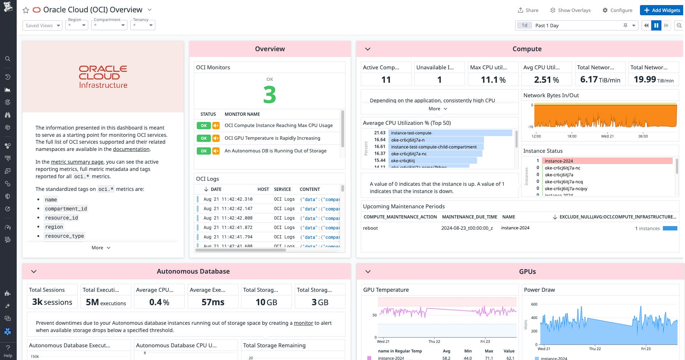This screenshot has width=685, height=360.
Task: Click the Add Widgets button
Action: pyautogui.click(x=662, y=10)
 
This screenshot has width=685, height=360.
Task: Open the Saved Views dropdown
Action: pyautogui.click(x=42, y=25)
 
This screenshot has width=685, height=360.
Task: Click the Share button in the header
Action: pyautogui.click(x=528, y=10)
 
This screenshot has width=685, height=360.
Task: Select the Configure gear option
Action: pyautogui.click(x=617, y=10)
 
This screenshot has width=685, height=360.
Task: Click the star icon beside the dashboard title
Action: pyautogui.click(x=26, y=10)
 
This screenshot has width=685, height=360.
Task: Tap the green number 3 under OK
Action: pyautogui.click(x=269, y=95)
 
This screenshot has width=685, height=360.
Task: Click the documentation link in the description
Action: pyautogui.click(x=131, y=149)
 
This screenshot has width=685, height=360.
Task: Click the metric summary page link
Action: pyautogui.click(x=77, y=162)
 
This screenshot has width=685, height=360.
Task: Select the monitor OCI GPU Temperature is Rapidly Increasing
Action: pyautogui.click(x=272, y=138)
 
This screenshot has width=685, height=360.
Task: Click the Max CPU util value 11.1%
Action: pyautogui.click(x=493, y=79)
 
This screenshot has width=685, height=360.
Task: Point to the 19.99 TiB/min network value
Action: pyautogui.click(x=653, y=79)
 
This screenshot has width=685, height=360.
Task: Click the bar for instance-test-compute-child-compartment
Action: pyautogui.click(x=436, y=147)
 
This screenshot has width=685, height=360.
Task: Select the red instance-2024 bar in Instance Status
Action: pyautogui.click(x=607, y=161)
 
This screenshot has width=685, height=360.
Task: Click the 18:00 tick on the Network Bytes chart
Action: pyautogui.click(x=572, y=136)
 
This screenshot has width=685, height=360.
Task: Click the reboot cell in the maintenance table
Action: pyautogui.click(x=370, y=228)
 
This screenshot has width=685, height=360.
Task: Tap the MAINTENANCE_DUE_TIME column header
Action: pyautogui.click(x=469, y=217)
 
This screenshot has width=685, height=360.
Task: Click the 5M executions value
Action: pyautogui.click(x=106, y=302)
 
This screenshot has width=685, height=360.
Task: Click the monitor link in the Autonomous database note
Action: pyautogui.click(x=303, y=323)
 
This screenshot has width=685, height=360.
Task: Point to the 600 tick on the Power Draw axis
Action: pyautogui.click(x=534, y=304)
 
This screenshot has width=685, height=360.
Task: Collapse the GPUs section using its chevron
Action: pyautogui.click(x=368, y=271)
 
